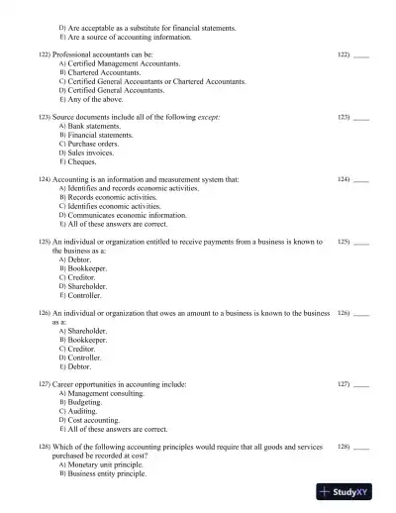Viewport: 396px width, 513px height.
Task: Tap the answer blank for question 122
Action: tap(360, 54)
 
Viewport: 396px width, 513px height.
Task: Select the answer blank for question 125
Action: tap(360, 243)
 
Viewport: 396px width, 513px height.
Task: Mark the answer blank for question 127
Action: tap(360, 384)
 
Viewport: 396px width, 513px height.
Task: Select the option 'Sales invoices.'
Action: tap(98, 154)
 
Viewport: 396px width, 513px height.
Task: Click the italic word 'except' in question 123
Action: tap(206, 117)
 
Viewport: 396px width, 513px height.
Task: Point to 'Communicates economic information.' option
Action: tap(127, 215)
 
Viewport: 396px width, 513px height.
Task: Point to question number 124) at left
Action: tap(45, 179)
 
